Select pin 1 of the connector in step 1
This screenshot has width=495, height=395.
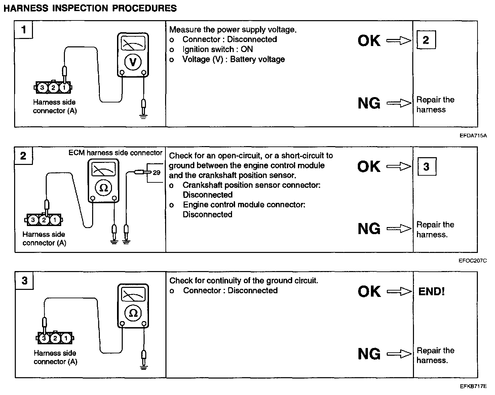(x=64, y=88)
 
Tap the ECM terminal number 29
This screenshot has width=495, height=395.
(x=157, y=173)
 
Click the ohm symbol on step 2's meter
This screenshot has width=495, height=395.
(x=103, y=188)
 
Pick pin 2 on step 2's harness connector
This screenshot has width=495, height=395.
(x=44, y=220)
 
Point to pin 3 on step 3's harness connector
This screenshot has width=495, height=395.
(x=44, y=338)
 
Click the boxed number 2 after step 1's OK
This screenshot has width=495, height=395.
(x=426, y=40)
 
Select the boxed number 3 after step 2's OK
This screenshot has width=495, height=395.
(x=426, y=167)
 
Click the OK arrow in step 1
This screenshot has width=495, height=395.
(x=399, y=41)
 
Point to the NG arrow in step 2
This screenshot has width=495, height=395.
(x=399, y=229)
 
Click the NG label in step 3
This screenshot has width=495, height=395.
(x=369, y=354)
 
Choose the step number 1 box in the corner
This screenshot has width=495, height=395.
(x=24, y=30)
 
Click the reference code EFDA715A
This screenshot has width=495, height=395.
(x=473, y=136)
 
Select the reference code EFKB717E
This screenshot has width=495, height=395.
(x=473, y=386)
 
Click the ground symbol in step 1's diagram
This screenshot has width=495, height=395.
(x=144, y=117)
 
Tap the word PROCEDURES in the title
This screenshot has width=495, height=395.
(x=144, y=8)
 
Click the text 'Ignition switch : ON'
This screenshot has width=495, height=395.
(x=218, y=49)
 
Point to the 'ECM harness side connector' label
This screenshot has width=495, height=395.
(x=115, y=153)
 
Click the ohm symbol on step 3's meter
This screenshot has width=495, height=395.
(x=133, y=313)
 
